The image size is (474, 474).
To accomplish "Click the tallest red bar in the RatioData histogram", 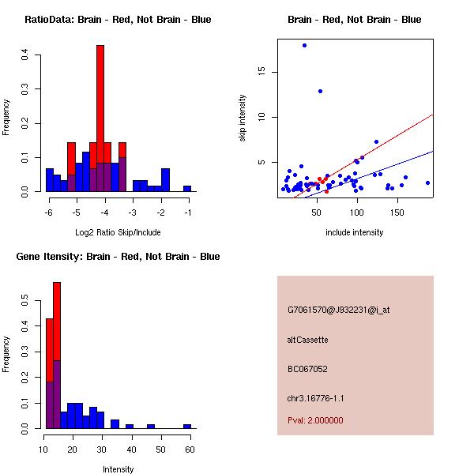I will click(x=100, y=95).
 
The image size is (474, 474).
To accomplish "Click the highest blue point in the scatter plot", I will click(x=304, y=46).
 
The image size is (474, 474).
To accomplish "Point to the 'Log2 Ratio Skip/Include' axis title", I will click(x=118, y=232).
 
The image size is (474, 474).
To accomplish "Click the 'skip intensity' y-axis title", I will click(x=242, y=118).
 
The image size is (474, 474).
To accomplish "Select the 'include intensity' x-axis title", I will click(x=355, y=232).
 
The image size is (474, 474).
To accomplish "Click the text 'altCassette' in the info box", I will click(x=307, y=340).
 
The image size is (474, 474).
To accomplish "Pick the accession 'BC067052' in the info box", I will click(x=307, y=369).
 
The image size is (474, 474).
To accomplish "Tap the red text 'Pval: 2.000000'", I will click(x=315, y=420).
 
